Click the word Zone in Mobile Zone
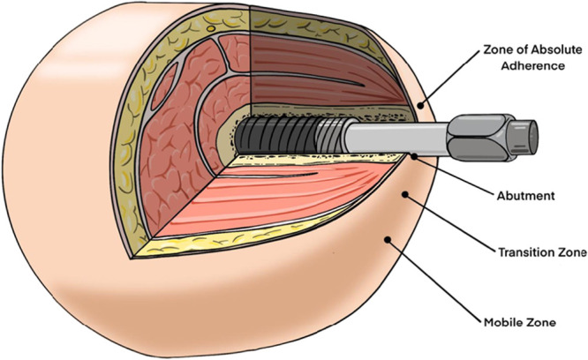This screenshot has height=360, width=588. pyautogui.click(x=540, y=323)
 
